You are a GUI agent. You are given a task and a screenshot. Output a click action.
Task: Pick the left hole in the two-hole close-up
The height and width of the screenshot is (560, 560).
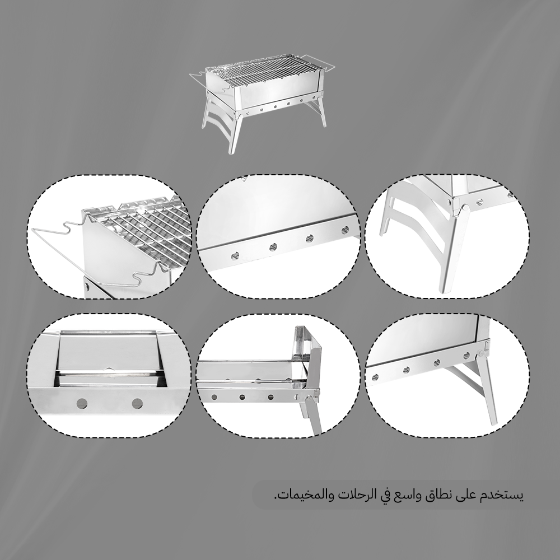tap(82, 404)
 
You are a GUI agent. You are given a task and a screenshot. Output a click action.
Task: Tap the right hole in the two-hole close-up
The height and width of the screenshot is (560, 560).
tap(137, 404)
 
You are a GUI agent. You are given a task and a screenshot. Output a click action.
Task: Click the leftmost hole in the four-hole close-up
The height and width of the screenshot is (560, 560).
tap(236, 256)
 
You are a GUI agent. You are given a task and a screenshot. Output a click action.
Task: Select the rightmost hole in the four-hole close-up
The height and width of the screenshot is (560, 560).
tap(345, 230)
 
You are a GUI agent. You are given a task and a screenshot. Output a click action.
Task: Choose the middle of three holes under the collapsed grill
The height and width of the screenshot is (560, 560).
tap(242, 397)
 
